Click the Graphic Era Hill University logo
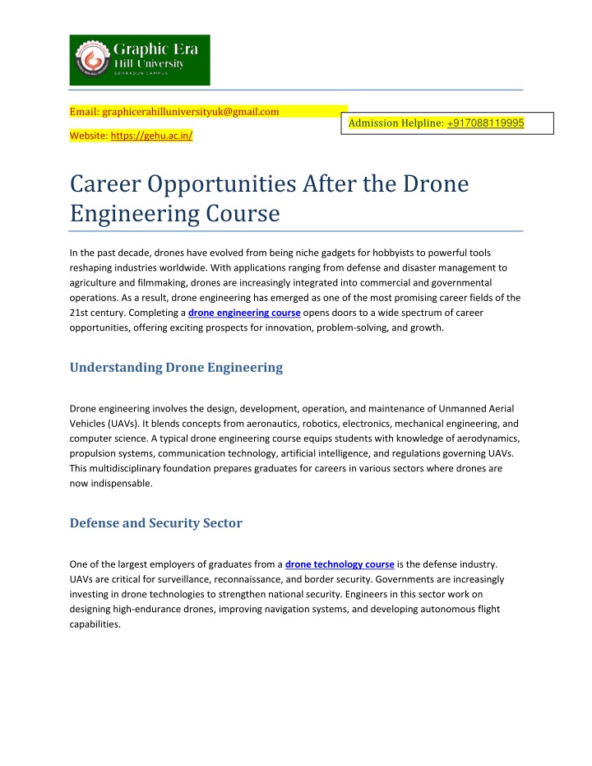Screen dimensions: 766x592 pos(139,60)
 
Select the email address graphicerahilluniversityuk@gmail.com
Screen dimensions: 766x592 pos(189,111)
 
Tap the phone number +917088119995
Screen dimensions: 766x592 pos(486,123)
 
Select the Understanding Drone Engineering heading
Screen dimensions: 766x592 pos(176,368)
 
